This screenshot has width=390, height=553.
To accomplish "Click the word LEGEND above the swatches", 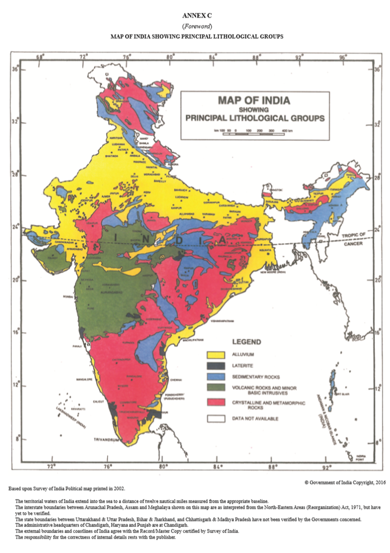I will (x=246, y=342).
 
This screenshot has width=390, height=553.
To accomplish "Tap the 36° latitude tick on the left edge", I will (x=15, y=69).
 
